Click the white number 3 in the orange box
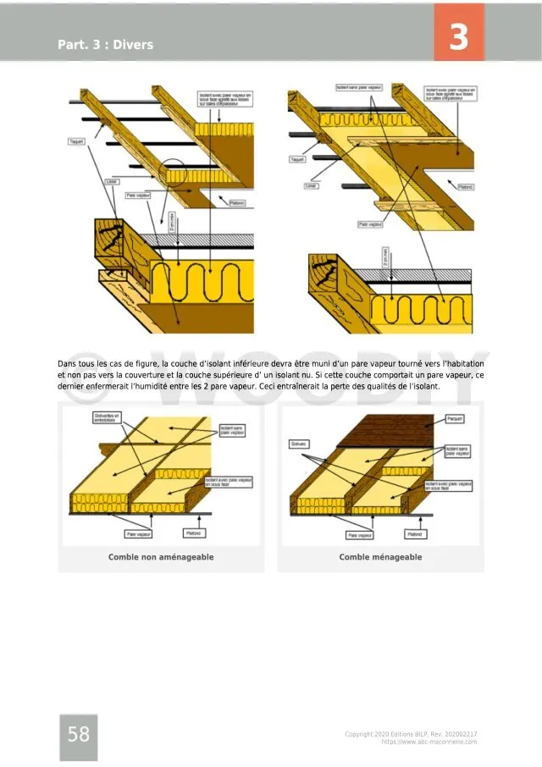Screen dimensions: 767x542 pos(458,38)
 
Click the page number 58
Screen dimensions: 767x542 pos(79,735)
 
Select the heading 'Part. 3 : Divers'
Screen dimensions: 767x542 pos(106,44)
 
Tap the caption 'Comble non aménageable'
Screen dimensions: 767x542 pos(161,557)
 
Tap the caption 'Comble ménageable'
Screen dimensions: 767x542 pos(380,557)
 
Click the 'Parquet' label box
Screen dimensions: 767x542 pos(456,419)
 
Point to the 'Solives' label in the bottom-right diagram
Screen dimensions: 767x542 pos(299,444)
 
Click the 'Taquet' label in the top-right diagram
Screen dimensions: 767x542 pos(298,158)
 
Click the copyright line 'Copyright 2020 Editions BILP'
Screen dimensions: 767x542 pos(411,733)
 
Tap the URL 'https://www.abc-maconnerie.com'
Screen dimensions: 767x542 pos(429,742)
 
